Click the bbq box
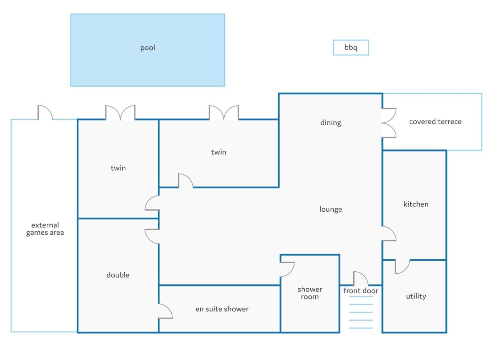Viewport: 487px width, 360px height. click(x=350, y=47)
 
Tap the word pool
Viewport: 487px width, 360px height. click(x=148, y=48)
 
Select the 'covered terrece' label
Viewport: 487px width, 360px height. click(x=435, y=122)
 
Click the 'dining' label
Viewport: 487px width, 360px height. click(x=331, y=123)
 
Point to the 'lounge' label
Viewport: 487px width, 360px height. click(x=331, y=209)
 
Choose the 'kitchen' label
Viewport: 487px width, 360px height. click(x=416, y=204)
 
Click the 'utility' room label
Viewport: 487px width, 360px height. click(x=416, y=296)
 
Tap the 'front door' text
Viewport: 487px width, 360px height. click(x=361, y=291)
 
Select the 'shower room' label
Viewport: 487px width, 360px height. click(x=310, y=293)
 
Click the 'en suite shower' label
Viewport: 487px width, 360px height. click(x=222, y=309)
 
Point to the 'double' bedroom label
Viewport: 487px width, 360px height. click(x=118, y=275)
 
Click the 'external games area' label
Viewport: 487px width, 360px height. click(x=45, y=229)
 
